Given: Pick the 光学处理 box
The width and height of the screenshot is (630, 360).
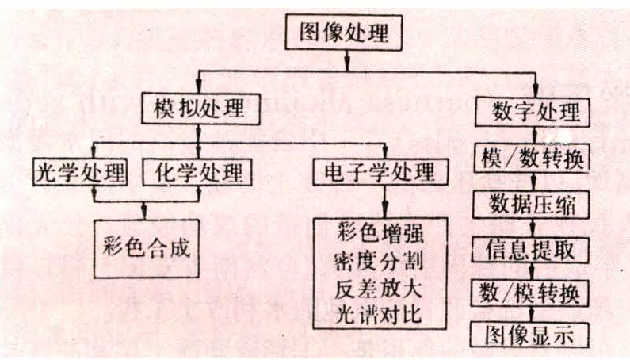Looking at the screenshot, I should coord(81,171).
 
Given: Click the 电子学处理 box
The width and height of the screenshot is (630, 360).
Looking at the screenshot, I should coord(384,171).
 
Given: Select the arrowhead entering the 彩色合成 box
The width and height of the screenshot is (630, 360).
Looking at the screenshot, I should coord(145,213).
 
